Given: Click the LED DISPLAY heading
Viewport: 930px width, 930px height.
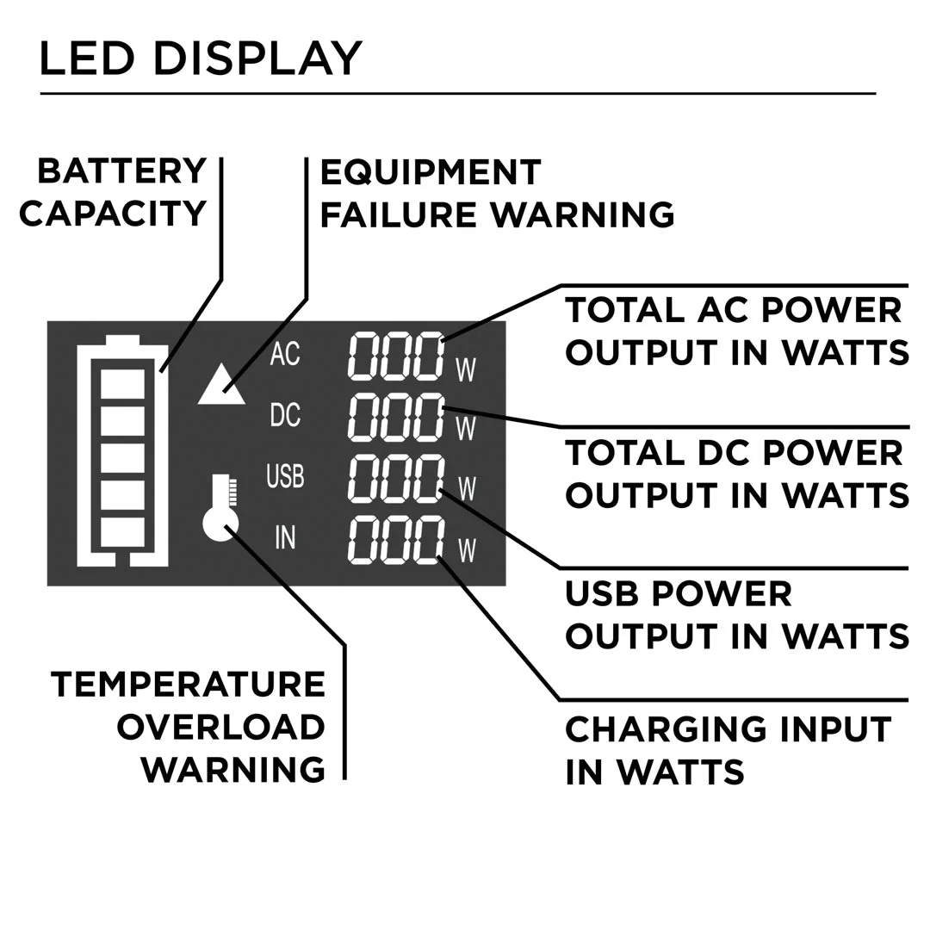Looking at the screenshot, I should click(x=200, y=59).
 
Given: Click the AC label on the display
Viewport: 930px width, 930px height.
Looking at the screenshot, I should click(x=285, y=353).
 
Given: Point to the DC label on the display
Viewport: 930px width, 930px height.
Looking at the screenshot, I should click(x=285, y=414).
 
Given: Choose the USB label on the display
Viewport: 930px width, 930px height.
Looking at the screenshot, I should click(x=285, y=475).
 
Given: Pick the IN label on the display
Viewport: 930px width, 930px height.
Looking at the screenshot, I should click(x=285, y=536).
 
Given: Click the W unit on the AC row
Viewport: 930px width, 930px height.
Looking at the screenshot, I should click(x=466, y=369).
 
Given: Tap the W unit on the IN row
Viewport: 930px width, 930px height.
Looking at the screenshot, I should click(x=466, y=549).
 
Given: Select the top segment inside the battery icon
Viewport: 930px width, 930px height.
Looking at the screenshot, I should click(x=122, y=384).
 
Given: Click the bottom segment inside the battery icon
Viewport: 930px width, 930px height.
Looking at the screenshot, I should click(x=122, y=531).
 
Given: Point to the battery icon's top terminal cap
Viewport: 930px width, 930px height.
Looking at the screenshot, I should click(x=122, y=339).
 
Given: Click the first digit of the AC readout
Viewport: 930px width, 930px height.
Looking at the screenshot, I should click(x=363, y=355).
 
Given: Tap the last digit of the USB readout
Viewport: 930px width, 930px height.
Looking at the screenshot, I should click(x=429, y=478).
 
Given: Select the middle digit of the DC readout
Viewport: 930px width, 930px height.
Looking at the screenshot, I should click(x=395, y=416).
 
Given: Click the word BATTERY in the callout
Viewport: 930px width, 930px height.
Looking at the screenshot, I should click(x=122, y=171).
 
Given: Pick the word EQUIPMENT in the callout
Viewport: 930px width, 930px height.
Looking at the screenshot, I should click(x=431, y=172).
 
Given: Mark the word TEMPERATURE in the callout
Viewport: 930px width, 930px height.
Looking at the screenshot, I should click(x=188, y=685).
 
